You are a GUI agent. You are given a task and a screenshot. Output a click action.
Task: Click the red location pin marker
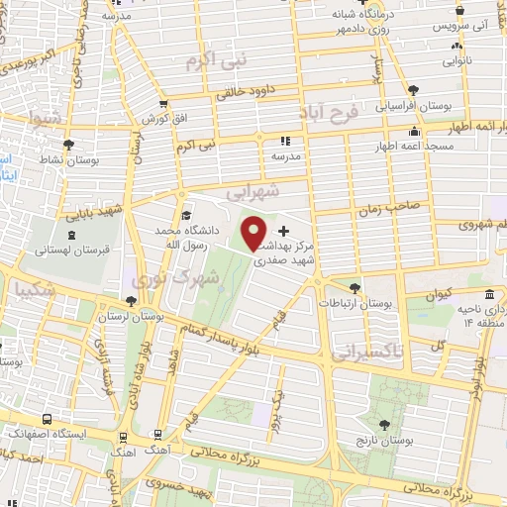pyautogui.click(x=254, y=232)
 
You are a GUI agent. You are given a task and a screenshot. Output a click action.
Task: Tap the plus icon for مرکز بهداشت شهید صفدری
pyautogui.click(x=285, y=231)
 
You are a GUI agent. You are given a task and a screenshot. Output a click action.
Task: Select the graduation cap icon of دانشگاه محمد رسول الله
pyautogui.click(x=186, y=216)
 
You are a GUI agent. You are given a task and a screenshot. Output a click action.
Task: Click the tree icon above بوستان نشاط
pyautogui.click(x=66, y=145)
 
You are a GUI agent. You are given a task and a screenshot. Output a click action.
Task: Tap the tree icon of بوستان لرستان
pyautogui.click(x=131, y=301)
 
